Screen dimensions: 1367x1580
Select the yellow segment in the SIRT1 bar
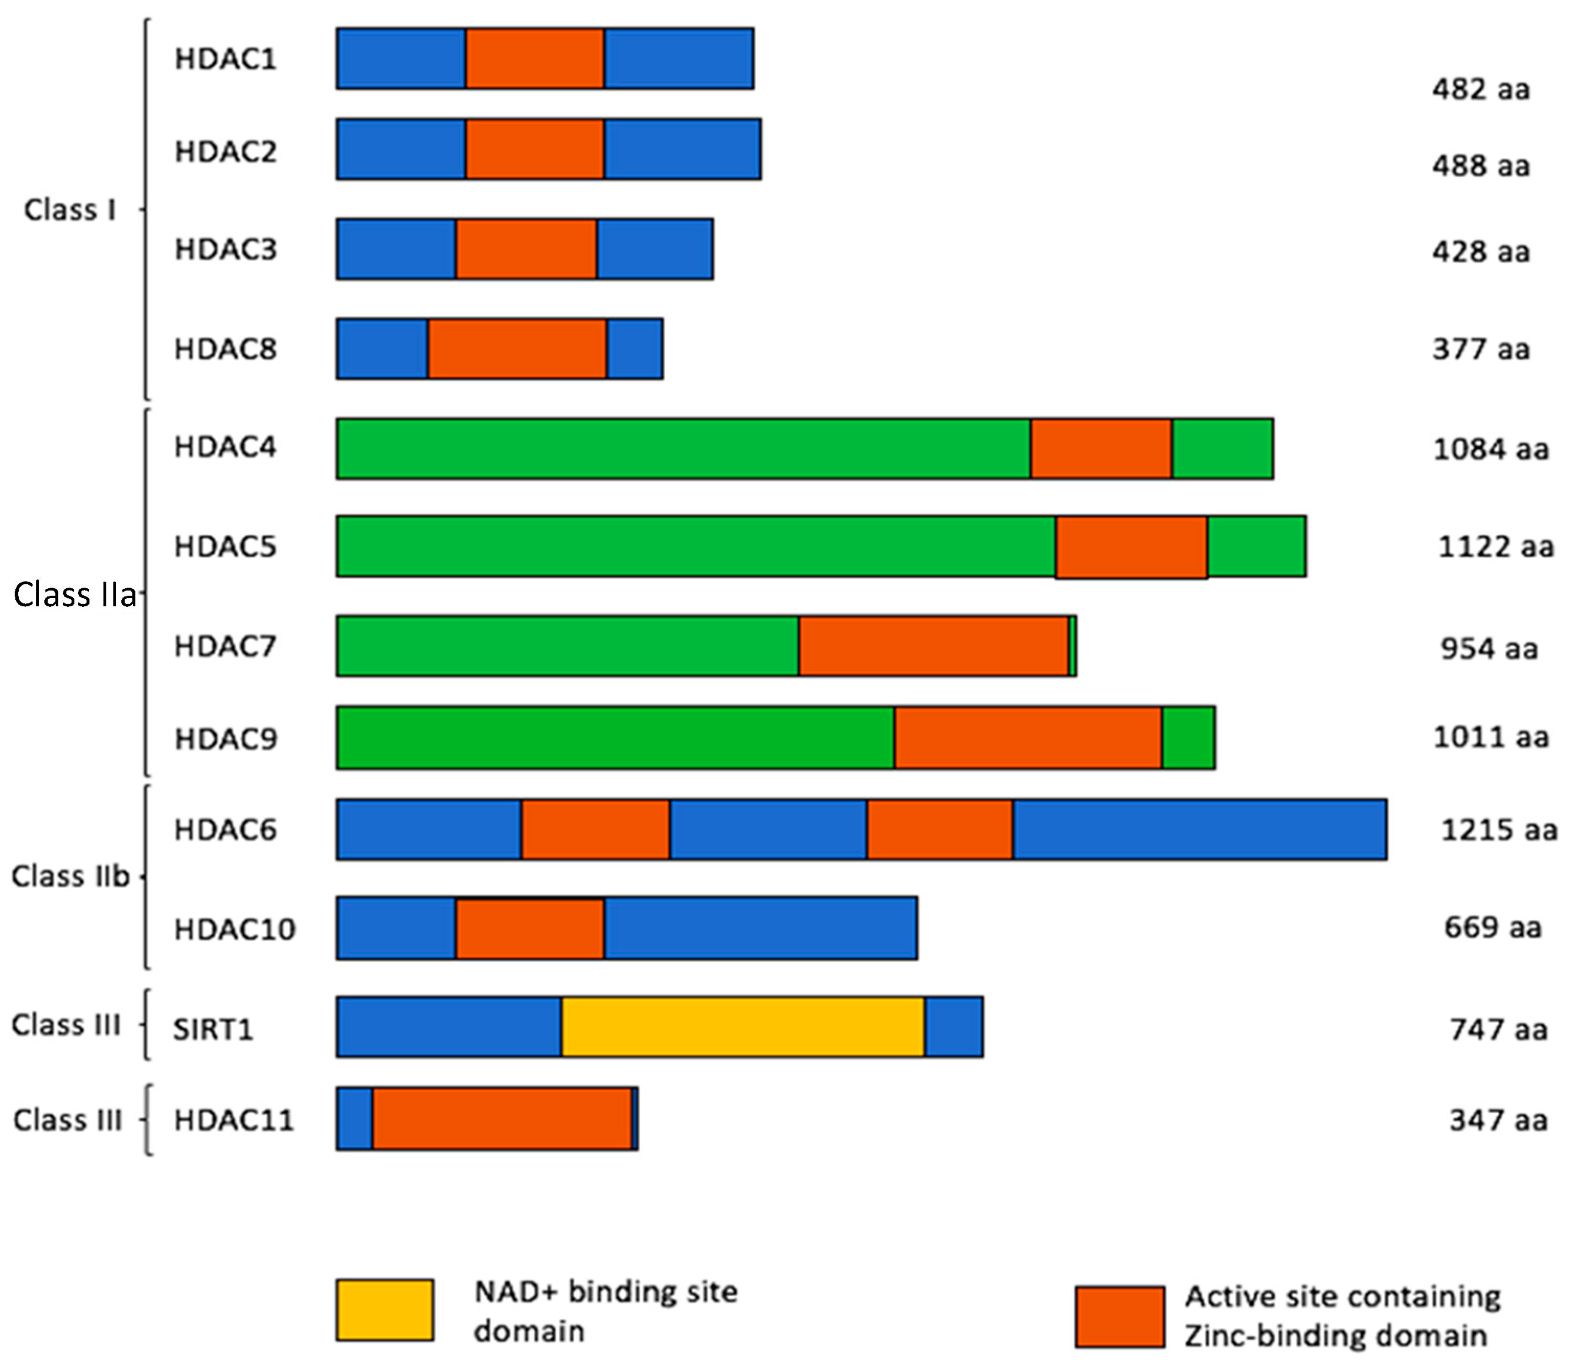pos(743,1027)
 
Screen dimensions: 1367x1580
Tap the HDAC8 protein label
pos(225,349)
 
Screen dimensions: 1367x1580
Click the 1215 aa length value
pos(1498,830)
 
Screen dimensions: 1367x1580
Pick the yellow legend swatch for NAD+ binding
pos(385,1310)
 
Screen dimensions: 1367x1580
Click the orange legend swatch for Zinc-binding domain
pos(1120,1317)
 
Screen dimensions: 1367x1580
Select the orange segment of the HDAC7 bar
pos(933,646)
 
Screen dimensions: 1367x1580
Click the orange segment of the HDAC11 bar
pos(502,1119)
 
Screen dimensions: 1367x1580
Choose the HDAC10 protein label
pos(234,929)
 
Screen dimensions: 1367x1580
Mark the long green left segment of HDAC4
pos(683,449)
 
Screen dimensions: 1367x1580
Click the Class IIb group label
pos(70,876)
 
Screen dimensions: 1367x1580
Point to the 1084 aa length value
pos(1491,449)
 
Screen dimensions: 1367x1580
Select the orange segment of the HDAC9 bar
pos(1028,738)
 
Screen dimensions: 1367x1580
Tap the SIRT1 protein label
pos(212,1029)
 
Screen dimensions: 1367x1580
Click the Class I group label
pos(70,210)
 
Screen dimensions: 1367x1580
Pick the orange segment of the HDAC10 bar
pos(530,928)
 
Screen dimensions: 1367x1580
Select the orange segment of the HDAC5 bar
pos(1131,547)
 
